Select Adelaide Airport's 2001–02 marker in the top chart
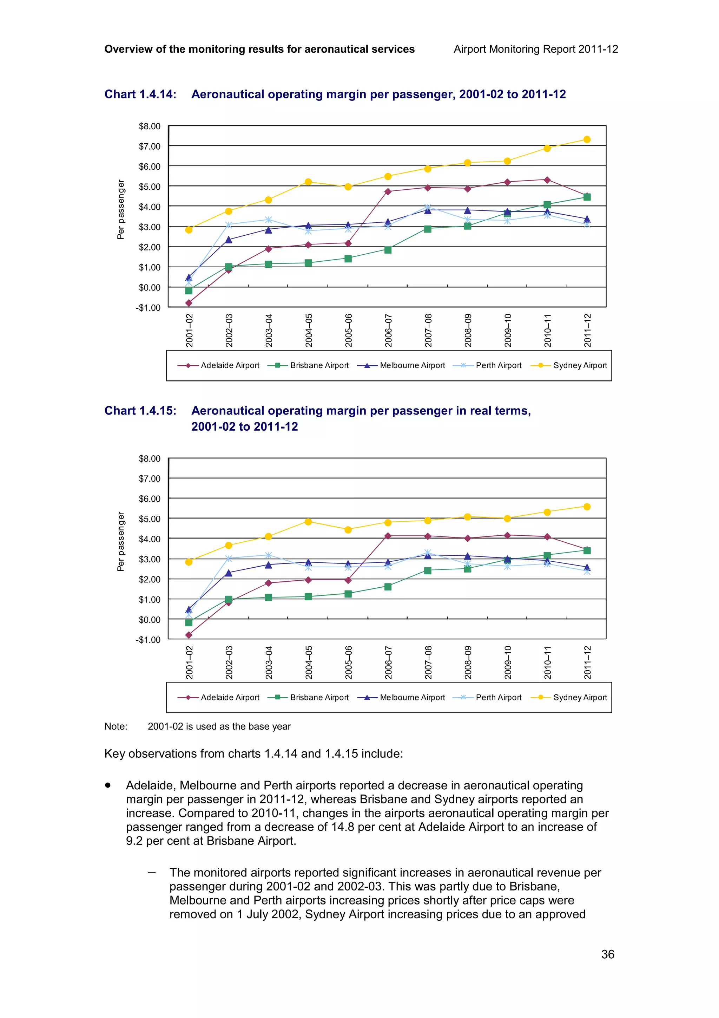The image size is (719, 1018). [189, 303]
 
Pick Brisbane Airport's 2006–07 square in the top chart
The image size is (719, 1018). [388, 250]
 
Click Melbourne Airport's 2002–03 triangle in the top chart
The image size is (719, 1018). [229, 240]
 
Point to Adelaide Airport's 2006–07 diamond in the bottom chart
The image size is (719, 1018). [388, 536]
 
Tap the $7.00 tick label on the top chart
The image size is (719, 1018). [149, 146]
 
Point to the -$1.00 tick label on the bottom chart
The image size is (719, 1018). [148, 639]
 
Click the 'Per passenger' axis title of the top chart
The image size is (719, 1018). [120, 209]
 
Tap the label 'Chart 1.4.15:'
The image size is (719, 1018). [140, 411]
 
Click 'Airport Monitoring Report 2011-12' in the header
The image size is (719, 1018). [536, 49]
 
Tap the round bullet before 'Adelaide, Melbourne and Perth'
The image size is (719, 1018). [108, 785]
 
